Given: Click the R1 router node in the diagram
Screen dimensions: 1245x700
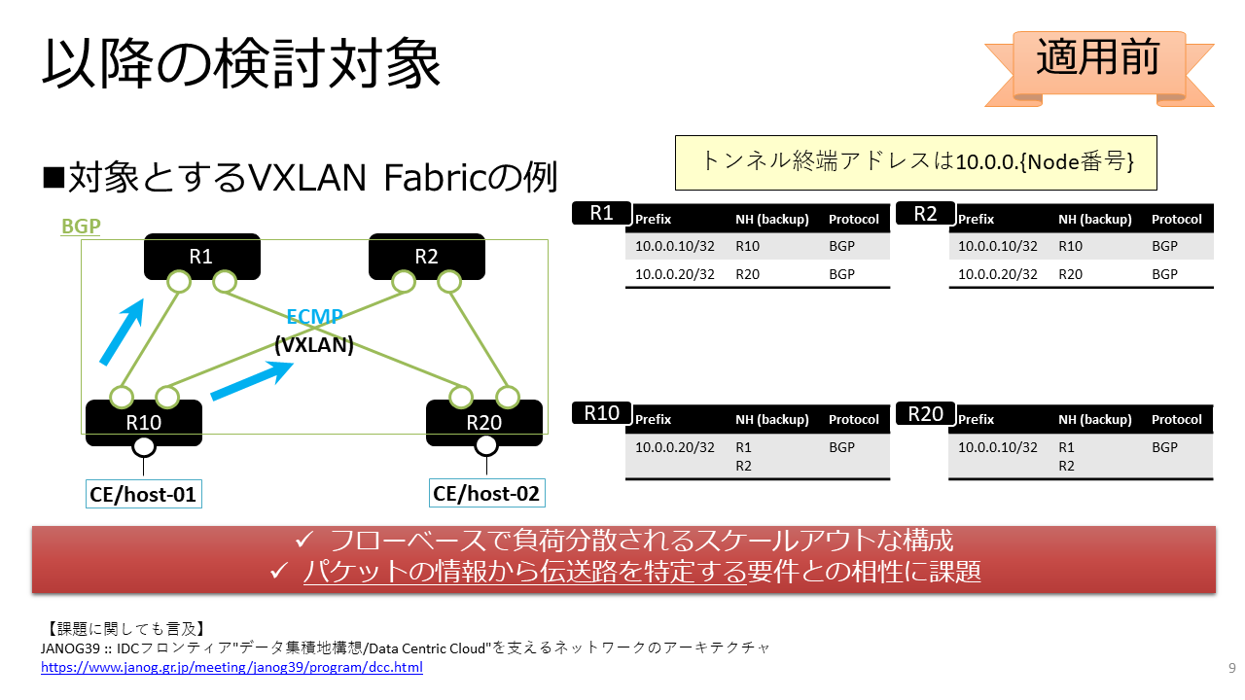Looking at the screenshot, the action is (x=201, y=256).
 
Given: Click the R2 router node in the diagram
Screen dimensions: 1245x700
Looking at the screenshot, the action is (x=427, y=256).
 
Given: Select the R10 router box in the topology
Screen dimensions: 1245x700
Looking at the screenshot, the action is (x=143, y=423).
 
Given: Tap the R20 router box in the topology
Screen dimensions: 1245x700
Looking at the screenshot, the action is (x=484, y=423).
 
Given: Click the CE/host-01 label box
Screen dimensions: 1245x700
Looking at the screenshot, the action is (x=143, y=494).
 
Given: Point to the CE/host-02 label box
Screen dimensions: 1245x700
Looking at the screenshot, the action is (x=487, y=493).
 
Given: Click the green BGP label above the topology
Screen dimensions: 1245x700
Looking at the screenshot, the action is (x=81, y=227).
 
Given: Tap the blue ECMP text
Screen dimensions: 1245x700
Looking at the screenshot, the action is (x=314, y=317).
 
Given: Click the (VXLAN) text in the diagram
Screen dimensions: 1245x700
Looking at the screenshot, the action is (x=314, y=345).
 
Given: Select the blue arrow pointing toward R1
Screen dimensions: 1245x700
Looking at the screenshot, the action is (x=123, y=332).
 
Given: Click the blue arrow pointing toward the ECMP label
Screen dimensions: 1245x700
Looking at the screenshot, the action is (x=252, y=380).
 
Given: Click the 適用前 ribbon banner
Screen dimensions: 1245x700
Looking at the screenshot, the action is (x=1099, y=68).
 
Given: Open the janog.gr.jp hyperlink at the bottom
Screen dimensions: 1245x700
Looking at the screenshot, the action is (x=231, y=667).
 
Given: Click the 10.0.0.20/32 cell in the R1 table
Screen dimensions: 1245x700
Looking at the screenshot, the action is (x=675, y=274).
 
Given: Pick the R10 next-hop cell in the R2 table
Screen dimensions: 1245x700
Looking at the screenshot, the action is (x=1071, y=246).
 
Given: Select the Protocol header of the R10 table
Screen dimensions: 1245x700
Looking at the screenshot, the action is (x=854, y=419).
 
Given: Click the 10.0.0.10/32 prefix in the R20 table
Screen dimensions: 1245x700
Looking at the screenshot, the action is (x=998, y=447).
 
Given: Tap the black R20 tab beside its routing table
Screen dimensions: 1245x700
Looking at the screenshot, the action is (x=925, y=414).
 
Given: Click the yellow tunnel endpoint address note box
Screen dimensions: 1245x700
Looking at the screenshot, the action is (x=916, y=162).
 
